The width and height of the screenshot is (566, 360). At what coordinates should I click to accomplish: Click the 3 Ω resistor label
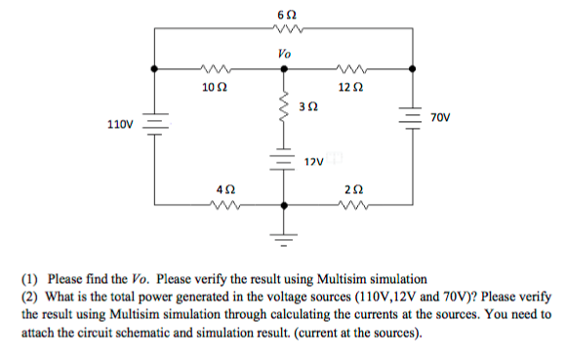[307, 104]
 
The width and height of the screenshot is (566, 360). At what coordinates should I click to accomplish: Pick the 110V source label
[120, 125]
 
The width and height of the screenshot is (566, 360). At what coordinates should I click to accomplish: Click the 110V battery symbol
[155, 124]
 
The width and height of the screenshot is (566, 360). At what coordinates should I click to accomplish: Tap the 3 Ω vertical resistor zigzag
[284, 111]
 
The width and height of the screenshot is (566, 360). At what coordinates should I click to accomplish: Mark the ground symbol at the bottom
[284, 234]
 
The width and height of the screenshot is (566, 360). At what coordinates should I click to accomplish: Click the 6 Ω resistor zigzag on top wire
[284, 29]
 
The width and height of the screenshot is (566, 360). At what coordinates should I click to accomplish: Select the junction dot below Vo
[284, 69]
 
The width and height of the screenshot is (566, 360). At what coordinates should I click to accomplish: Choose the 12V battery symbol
[284, 157]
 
